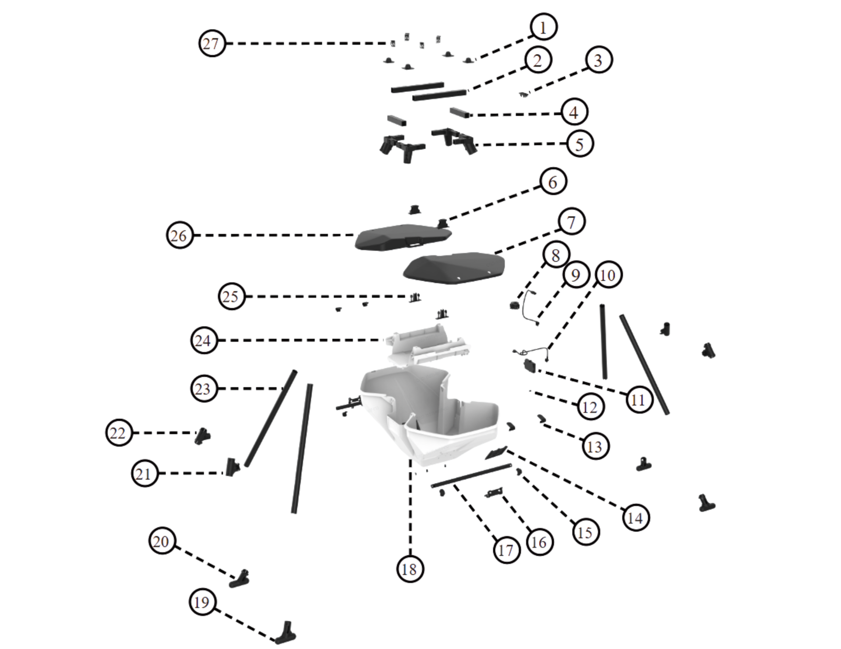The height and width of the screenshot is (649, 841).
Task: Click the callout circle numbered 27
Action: click(x=212, y=43)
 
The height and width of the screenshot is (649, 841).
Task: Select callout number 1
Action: click(x=544, y=27)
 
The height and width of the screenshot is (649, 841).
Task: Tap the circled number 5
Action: click(x=580, y=144)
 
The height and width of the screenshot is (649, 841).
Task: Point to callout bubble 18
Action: click(x=410, y=569)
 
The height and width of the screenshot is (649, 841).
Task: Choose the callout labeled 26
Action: click(x=180, y=235)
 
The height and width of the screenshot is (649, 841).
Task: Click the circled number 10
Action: click(x=608, y=275)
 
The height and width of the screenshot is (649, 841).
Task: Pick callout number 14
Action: click(x=636, y=518)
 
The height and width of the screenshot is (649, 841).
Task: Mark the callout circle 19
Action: click(x=202, y=602)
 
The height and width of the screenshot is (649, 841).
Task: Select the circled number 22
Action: click(x=119, y=433)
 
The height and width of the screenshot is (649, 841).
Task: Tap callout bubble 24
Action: click(x=204, y=340)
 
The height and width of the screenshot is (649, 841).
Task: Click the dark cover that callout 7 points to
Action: click(x=454, y=267)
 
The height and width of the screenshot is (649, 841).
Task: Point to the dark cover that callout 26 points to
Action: click(x=403, y=237)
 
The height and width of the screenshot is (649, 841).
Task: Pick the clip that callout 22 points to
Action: click(x=202, y=436)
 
